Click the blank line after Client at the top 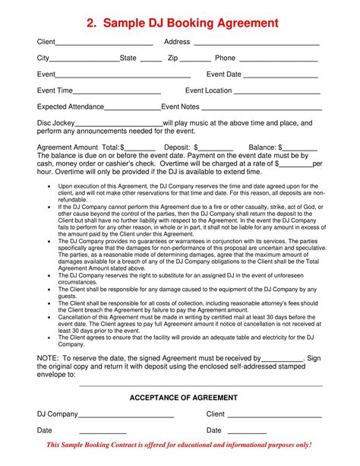pyautogui.click(x=106, y=43)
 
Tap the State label pyautogui.click(x=128, y=58)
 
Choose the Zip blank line pyautogui.click(x=195, y=59)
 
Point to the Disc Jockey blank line pyautogui.click(x=119, y=124)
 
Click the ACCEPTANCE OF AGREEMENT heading pyautogui.click(x=184, y=398)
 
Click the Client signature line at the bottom pyautogui.click(x=274, y=416)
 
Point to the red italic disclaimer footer pyautogui.click(x=179, y=445)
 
